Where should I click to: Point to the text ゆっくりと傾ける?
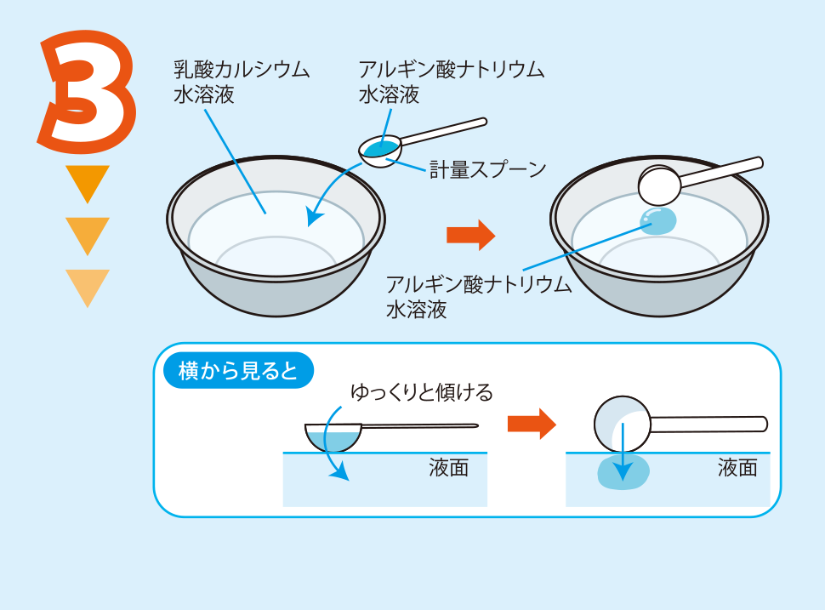point(422,393)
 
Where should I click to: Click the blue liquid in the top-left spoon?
point(378,148)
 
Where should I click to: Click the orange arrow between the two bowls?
point(470,234)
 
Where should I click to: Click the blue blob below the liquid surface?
point(623,473)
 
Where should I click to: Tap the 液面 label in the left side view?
point(448,468)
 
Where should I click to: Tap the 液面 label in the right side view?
point(737,468)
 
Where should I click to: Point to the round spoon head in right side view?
point(622,423)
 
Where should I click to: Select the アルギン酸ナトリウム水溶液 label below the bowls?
point(479,296)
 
